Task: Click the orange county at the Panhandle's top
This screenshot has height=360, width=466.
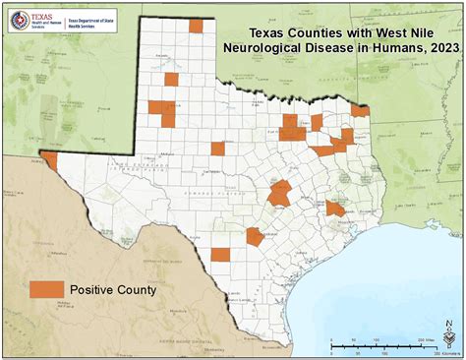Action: click(197, 27)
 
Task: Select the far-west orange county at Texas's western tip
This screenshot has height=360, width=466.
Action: click(48, 158)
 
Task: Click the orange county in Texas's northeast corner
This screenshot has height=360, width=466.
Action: click(360, 111)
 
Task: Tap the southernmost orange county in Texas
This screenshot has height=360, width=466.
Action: click(220, 254)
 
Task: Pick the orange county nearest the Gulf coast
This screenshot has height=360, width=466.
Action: click(335, 209)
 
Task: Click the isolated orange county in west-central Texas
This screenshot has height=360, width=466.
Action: click(217, 149)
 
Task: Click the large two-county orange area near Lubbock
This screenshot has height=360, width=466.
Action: click(162, 113)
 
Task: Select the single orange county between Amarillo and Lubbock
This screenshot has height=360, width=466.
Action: click(172, 80)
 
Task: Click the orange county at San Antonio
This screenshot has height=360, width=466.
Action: click(256, 236)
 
